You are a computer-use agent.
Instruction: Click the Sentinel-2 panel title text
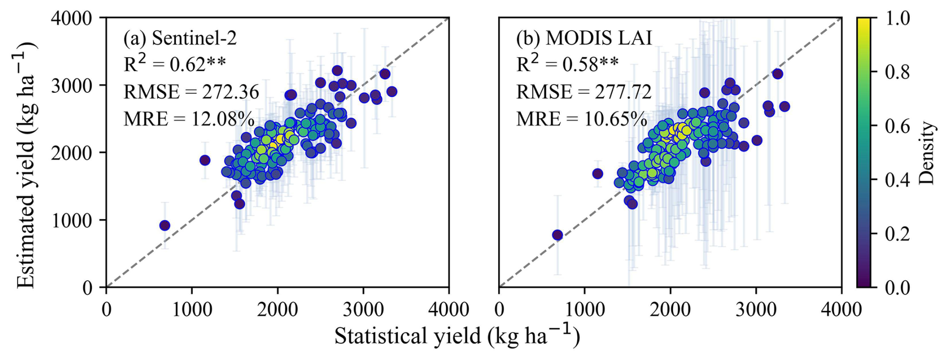180,38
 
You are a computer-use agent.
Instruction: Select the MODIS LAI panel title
584,38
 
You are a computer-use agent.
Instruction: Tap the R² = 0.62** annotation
175,64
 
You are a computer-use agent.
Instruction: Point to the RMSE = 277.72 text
584,92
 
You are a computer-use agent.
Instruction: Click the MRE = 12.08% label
189,119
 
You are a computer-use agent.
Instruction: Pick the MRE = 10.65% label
582,119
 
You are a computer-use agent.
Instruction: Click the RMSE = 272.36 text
191,92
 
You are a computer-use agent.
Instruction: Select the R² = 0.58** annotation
567,64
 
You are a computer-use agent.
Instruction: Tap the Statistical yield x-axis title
457,336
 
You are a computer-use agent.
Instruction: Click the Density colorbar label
928,153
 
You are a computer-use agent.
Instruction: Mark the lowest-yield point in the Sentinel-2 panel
165,226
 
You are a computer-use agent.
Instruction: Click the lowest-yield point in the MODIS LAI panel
557,235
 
